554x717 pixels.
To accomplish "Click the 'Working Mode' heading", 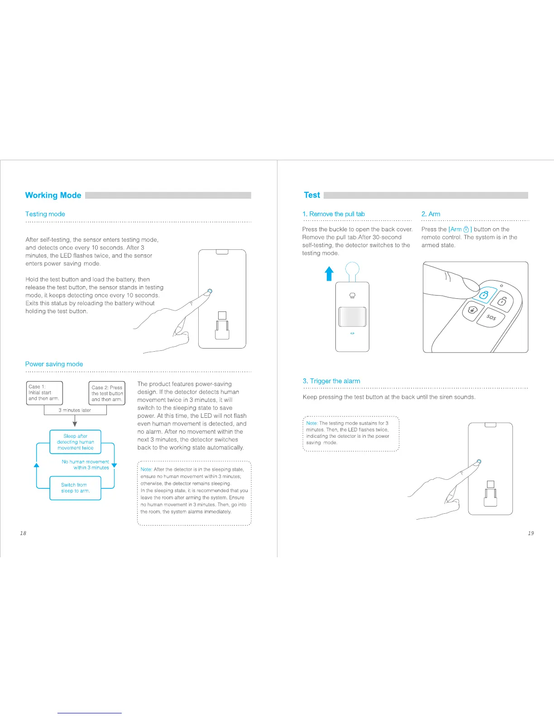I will pos(53,195).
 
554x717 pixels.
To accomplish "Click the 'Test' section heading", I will pos(312,195).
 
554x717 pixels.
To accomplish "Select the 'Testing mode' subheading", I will pos(45,214).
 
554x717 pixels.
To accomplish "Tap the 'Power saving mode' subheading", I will pos(54,364).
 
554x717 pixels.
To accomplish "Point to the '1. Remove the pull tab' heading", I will pos(334,214).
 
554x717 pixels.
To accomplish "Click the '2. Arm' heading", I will pos(430,214).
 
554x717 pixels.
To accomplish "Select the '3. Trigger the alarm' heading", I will pos(331,381).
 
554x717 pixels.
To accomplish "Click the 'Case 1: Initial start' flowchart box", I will pos(44,392).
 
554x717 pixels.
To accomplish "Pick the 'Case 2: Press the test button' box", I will pos(107,393).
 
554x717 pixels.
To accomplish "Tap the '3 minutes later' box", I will pos(75,410).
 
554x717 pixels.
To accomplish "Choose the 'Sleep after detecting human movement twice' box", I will pos(75,442).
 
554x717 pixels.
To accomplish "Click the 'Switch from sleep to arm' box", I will pos(75,488).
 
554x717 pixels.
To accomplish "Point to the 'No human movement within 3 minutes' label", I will pos(86,465).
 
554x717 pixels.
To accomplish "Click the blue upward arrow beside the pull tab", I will pos(329,273).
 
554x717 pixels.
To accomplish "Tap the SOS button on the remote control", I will pos(491,317).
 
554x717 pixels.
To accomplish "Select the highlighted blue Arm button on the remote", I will pos(484,295).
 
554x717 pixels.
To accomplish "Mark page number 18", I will pos(23,533).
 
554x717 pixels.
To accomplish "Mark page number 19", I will pos(530,533).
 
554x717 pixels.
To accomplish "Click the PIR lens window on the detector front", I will pos(352,317).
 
